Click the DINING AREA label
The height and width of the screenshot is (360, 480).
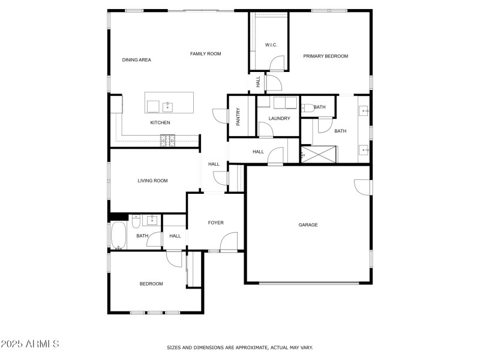coord(136,60)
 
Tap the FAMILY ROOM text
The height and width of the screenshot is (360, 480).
coord(206,54)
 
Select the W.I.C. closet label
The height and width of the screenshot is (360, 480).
coord(270,45)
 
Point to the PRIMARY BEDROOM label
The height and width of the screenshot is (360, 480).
coord(325,56)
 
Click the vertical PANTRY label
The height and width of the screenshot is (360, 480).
coord(238,116)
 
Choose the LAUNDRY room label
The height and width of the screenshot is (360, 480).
coord(279,119)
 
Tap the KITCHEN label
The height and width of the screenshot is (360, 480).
coord(160,123)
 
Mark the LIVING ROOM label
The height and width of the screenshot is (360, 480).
coord(152,181)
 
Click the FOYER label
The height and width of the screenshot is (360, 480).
coord(215,223)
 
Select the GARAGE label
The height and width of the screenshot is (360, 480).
coord(308,225)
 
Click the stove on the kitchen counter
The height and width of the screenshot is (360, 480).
coord(167,140)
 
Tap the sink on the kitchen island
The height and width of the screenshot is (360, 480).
coord(167,107)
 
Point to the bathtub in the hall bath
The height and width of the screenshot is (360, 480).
coord(118,235)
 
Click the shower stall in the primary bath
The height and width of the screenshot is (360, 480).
coord(318,154)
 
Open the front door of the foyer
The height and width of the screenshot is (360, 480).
coord(229,244)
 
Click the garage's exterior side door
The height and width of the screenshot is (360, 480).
coord(362,187)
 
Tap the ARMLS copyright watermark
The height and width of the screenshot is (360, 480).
coord(30,344)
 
